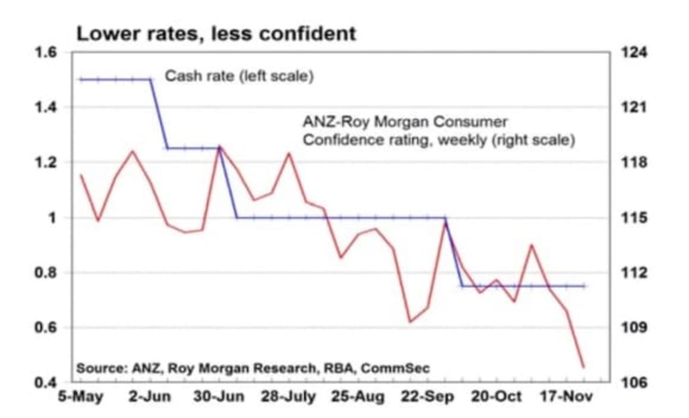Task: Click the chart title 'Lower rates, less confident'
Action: click(x=216, y=33)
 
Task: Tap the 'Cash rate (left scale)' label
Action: click(x=238, y=77)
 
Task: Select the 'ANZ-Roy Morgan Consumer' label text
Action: click(x=406, y=122)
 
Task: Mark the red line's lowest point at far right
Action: click(x=583, y=367)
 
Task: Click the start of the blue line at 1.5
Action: click(x=81, y=79)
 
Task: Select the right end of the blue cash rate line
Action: click(x=585, y=286)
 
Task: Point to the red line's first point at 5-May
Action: click(x=81, y=175)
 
